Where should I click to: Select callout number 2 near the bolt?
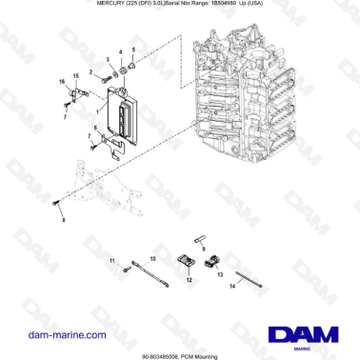[x=92, y=72]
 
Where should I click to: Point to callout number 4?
[x=121, y=48]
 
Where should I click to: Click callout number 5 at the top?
[x=133, y=48]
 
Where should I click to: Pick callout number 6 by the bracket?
[x=97, y=128]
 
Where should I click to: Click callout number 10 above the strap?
[x=152, y=258]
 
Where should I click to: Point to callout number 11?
[x=111, y=259]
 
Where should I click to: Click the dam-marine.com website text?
[x=67, y=335]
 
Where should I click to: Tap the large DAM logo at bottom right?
[x=303, y=333]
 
